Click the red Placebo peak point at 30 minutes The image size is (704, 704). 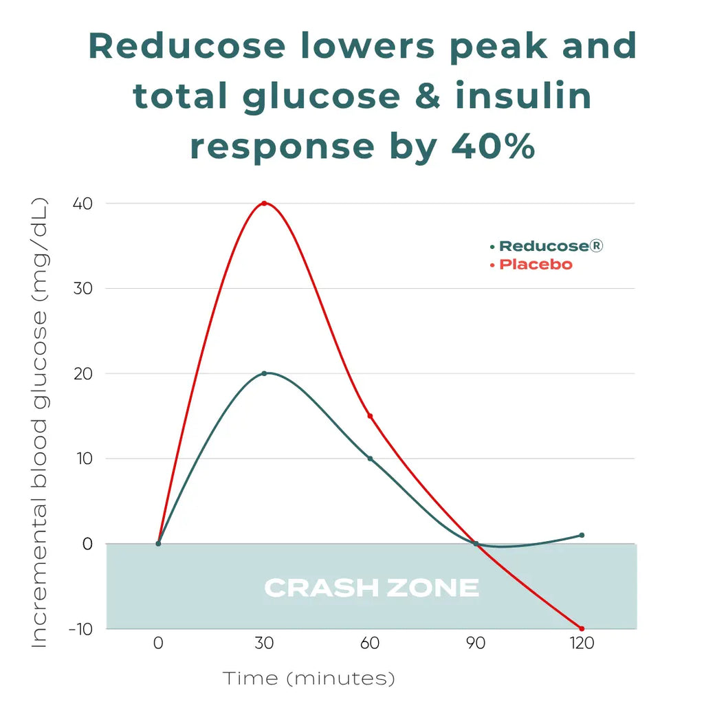pyautogui.click(x=264, y=203)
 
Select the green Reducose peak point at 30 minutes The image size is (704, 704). pyautogui.click(x=264, y=373)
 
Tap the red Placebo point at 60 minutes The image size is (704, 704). pyautogui.click(x=370, y=416)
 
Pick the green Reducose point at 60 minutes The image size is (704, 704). pyautogui.click(x=370, y=459)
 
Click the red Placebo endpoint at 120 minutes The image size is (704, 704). pyautogui.click(x=582, y=628)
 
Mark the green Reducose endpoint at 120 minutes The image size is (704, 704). pyautogui.click(x=582, y=535)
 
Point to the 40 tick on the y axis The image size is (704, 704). pyautogui.click(x=82, y=203)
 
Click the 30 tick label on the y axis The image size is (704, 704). pyautogui.click(x=82, y=289)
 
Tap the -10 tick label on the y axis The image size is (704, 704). pyautogui.click(x=80, y=628)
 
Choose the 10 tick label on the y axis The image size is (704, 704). pyautogui.click(x=83, y=459)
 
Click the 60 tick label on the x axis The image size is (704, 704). pyautogui.click(x=370, y=644)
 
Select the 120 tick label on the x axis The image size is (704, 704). pyautogui.click(x=581, y=644)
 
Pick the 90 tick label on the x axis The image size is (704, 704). pyautogui.click(x=476, y=644)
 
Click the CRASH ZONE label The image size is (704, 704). pyautogui.click(x=371, y=588)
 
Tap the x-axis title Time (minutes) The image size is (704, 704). pyautogui.click(x=309, y=679)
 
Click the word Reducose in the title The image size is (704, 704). pyautogui.click(x=187, y=46)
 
